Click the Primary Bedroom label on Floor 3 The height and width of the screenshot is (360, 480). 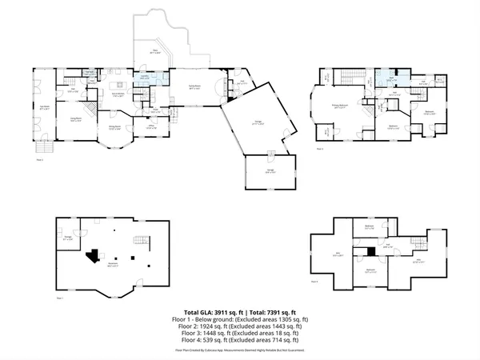(x=339, y=106)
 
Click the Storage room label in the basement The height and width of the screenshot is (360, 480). (x=69, y=238)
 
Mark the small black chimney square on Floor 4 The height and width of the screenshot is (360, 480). (x=370, y=252)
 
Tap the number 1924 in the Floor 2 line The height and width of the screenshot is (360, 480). (x=214, y=326)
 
